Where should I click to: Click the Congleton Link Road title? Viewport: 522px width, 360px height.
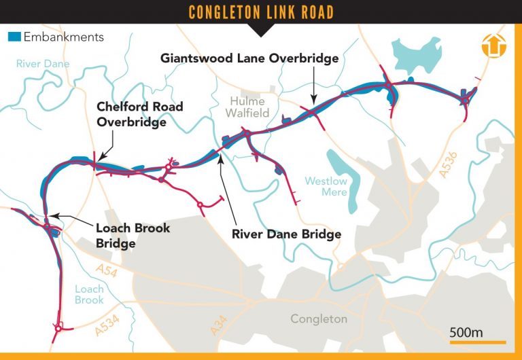(261, 12)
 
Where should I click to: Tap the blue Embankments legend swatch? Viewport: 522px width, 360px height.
(14, 37)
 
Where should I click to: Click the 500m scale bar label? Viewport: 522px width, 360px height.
(466, 332)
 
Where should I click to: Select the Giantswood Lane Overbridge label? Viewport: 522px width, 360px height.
(249, 58)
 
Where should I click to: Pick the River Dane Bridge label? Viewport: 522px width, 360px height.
(286, 234)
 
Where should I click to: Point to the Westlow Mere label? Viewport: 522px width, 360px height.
(326, 187)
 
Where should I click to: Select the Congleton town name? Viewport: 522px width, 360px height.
(318, 319)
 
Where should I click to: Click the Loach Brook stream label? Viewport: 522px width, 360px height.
(89, 294)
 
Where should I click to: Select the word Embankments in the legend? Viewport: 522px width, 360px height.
(63, 37)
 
